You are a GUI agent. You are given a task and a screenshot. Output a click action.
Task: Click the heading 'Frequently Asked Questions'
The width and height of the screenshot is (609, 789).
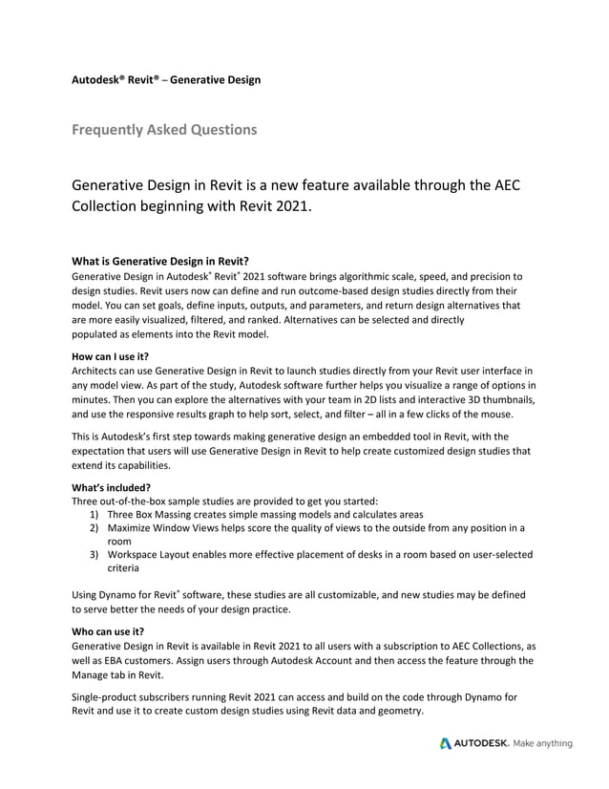pos(164,129)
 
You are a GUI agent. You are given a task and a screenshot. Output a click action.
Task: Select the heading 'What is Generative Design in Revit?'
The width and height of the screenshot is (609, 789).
pos(161,260)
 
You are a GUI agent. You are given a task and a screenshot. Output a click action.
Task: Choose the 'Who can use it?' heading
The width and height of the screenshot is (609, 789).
pos(108,631)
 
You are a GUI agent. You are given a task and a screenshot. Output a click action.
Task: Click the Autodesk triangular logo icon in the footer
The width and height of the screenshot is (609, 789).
pos(446,743)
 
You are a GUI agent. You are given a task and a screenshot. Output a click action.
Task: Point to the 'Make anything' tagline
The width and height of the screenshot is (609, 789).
pos(543,743)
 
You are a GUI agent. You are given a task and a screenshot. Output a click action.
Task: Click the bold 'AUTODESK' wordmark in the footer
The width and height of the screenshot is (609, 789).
pos(482,743)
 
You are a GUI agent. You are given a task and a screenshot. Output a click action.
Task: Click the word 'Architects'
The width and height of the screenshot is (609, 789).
pos(99,370)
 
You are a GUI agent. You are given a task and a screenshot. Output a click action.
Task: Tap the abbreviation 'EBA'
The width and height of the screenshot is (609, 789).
pos(114,660)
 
